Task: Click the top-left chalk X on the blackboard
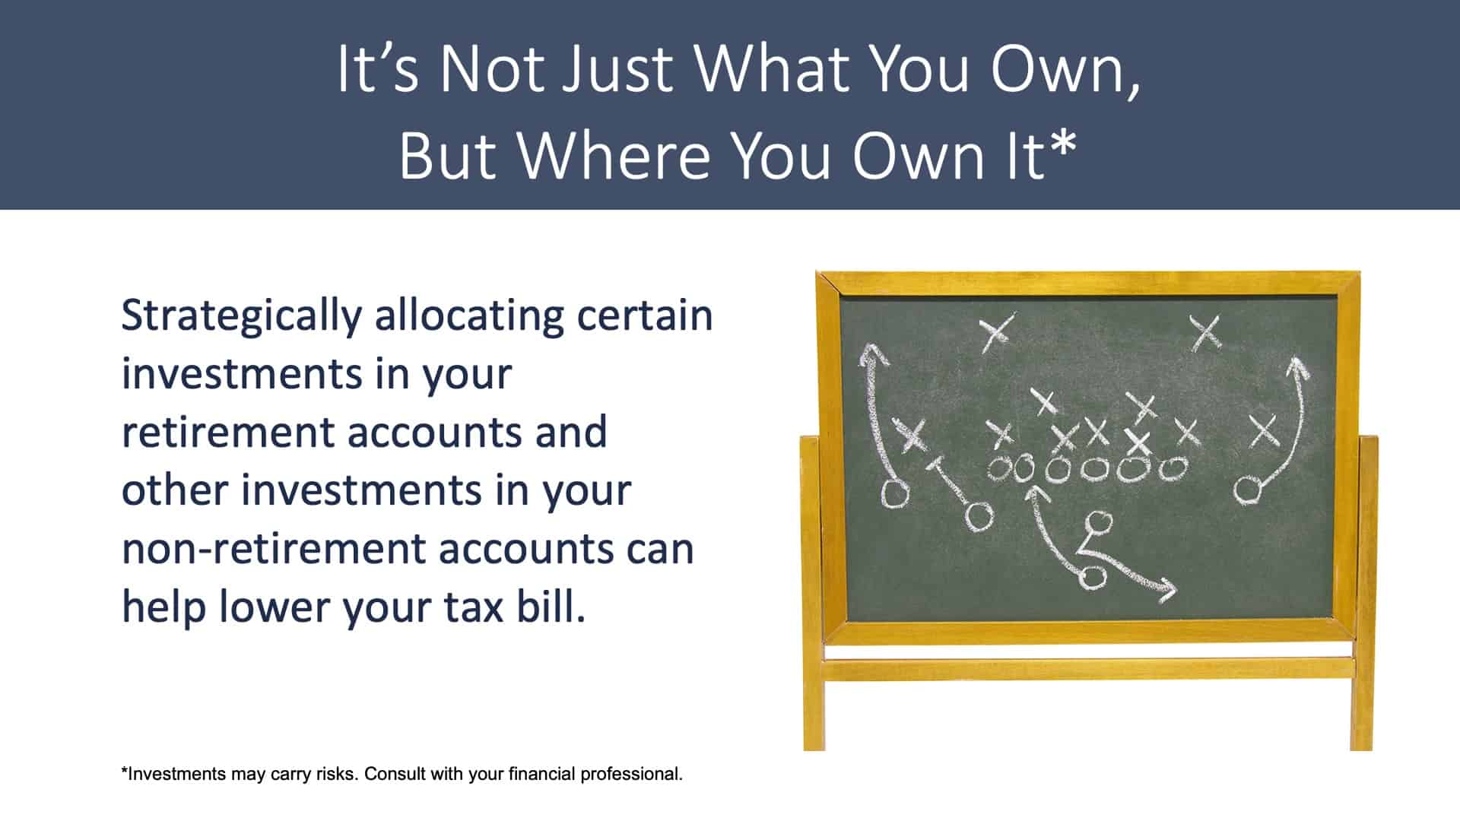click(x=996, y=332)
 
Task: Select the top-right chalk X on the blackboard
click(x=1206, y=332)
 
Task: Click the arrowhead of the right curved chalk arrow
click(x=1296, y=367)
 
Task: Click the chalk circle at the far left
click(x=895, y=494)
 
